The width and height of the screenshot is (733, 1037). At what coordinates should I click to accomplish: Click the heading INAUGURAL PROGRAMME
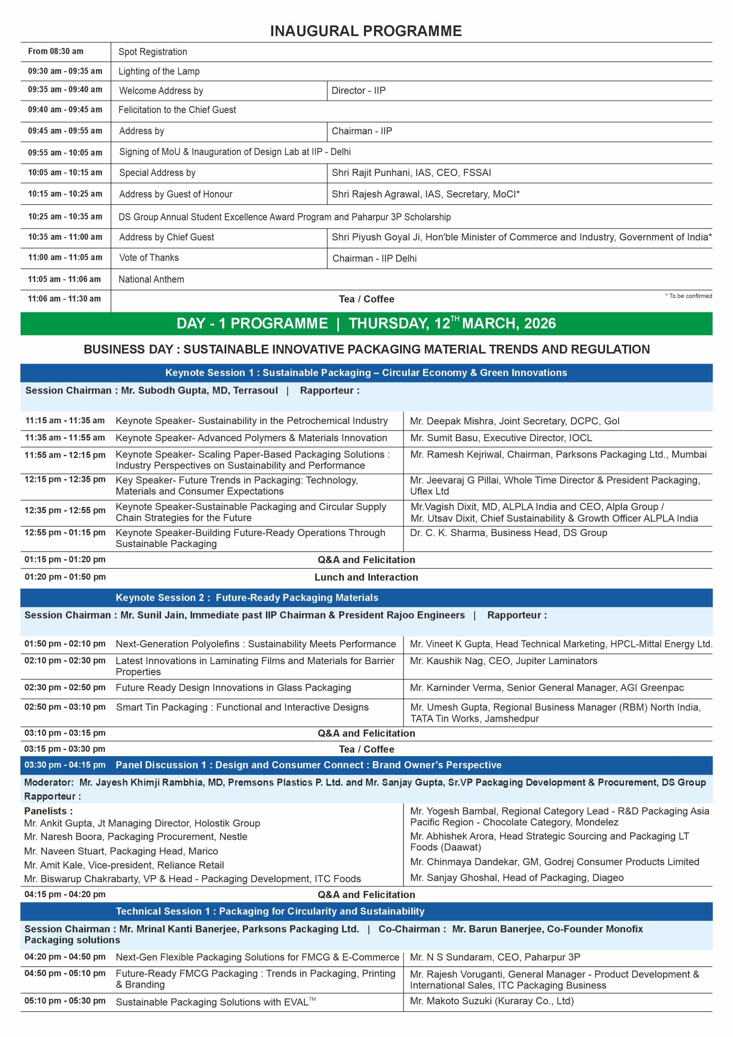coord(365,31)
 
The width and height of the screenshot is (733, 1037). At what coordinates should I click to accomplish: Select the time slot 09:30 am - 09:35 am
coord(65,71)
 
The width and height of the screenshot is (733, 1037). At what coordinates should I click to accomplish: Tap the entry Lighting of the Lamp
coord(159,71)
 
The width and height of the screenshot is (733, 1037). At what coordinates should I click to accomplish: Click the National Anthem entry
coord(151,279)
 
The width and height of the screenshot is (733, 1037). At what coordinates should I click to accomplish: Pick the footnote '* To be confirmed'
coord(688,296)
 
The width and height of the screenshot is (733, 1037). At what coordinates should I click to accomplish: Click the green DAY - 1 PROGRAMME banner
coord(366,323)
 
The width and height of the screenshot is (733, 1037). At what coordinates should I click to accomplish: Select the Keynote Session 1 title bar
coord(366,373)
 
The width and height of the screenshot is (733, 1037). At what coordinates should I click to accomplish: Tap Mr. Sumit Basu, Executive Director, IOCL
coord(501,437)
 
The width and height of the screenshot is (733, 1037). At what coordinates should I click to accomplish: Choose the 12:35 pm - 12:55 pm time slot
coord(65,510)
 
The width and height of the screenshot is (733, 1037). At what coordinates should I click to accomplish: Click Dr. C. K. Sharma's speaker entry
coord(508,533)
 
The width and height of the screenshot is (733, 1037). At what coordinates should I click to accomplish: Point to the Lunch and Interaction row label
coord(366,577)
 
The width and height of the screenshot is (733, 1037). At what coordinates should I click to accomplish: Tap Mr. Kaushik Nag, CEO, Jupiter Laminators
coord(503,661)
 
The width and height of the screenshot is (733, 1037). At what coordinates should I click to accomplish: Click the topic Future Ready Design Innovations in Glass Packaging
coord(234,688)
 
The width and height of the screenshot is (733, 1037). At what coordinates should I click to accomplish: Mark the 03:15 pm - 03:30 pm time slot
coord(65,749)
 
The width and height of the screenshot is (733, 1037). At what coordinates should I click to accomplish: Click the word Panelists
coord(48,811)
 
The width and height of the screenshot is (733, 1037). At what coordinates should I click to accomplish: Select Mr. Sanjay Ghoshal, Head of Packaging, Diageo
coord(516,877)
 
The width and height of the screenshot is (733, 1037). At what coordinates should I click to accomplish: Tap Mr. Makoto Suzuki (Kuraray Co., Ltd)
coord(491,1001)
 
